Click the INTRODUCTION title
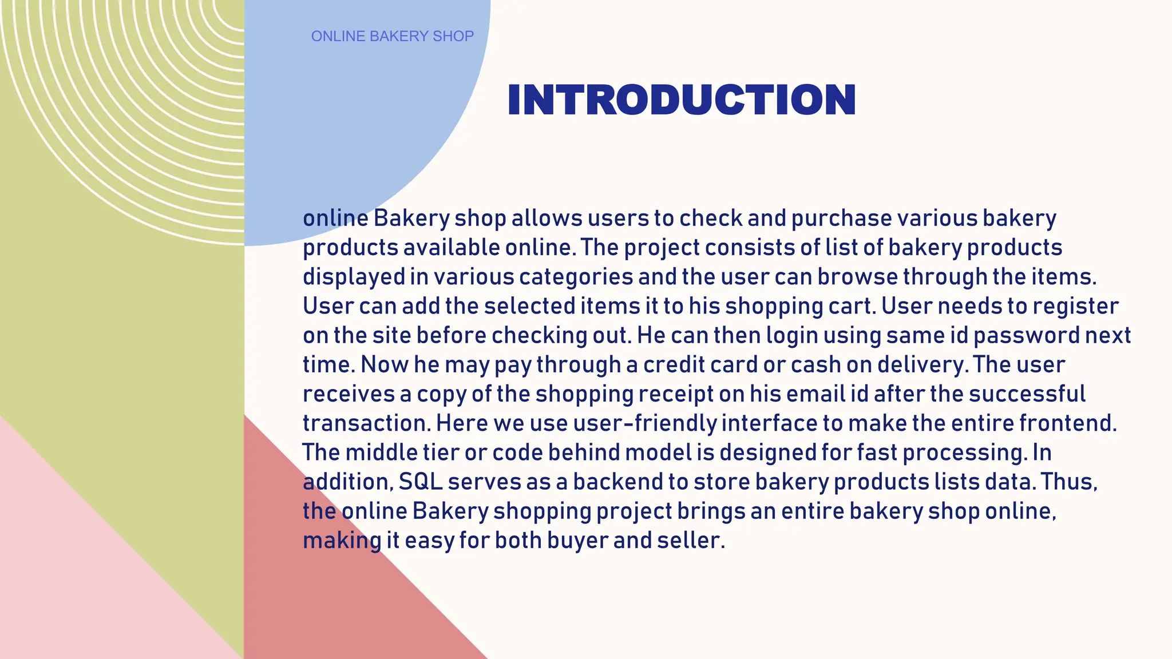click(x=681, y=100)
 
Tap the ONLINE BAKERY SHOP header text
click(x=392, y=37)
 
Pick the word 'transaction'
click(x=366, y=424)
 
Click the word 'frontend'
click(x=1067, y=424)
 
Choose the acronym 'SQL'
click(x=421, y=482)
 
